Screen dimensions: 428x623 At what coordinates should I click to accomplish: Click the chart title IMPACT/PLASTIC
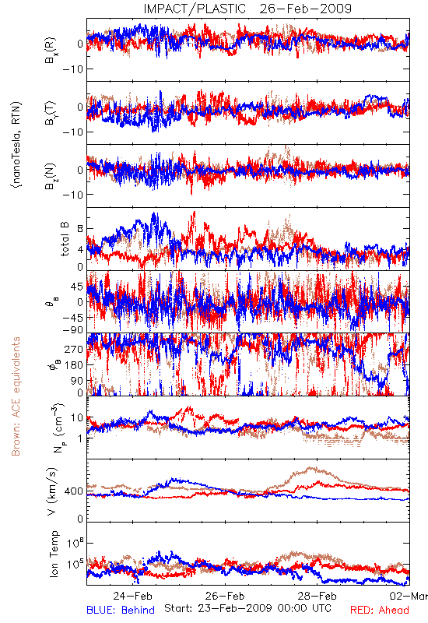[195, 9]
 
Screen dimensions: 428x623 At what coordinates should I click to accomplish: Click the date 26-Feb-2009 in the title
[306, 9]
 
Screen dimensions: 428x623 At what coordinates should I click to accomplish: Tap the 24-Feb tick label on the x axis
[132, 596]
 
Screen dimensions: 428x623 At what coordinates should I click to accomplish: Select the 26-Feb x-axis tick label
[225, 596]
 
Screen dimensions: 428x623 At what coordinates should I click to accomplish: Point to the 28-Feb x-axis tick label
[317, 596]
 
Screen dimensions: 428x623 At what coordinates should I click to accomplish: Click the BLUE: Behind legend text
[121, 610]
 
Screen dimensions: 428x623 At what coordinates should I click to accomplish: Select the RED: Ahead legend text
[379, 610]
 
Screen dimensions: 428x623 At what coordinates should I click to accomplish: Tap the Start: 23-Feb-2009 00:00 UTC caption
[247, 608]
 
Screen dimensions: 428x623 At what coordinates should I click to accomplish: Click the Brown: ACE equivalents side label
[16, 396]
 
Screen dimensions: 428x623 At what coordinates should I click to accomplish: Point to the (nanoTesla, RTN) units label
[16, 144]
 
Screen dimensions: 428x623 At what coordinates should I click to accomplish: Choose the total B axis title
[65, 238]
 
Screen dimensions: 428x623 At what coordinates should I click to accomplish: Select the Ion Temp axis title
[54, 554]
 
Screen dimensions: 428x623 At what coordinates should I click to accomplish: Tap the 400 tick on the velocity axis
[74, 491]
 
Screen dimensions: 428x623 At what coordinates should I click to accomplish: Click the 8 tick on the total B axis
[80, 229]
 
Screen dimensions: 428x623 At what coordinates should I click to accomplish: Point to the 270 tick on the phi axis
[74, 350]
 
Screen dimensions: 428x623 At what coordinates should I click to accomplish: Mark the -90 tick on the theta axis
[73, 330]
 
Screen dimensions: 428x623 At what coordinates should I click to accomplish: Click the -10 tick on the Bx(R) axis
[73, 69]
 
